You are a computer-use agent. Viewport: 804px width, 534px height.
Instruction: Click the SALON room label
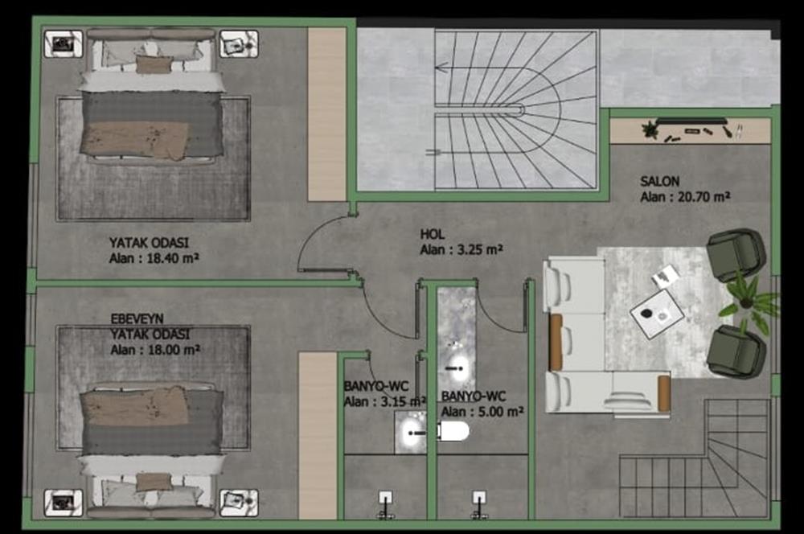(x=659, y=181)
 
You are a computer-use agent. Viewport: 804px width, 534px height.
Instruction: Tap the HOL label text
(x=433, y=234)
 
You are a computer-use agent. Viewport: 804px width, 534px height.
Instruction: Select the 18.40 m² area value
(x=173, y=258)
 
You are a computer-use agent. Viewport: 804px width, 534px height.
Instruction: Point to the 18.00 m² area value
(x=174, y=350)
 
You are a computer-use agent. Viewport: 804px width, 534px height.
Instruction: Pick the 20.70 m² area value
(x=704, y=196)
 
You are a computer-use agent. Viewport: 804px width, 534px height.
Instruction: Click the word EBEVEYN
(x=137, y=318)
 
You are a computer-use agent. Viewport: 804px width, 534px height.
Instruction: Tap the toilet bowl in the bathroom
(x=453, y=431)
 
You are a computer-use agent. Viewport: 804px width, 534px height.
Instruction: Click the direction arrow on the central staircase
(x=442, y=68)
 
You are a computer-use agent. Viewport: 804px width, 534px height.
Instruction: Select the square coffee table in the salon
(x=657, y=314)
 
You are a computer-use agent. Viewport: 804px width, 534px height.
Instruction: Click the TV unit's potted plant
(x=650, y=129)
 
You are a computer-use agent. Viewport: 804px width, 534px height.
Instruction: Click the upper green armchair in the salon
(x=736, y=253)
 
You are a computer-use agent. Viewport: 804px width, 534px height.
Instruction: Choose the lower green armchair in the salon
(x=736, y=351)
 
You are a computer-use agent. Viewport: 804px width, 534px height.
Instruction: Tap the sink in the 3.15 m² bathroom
(x=410, y=433)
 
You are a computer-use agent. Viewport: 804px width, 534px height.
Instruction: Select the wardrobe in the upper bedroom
(x=326, y=114)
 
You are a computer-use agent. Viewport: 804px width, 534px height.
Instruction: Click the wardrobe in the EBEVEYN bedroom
(x=318, y=436)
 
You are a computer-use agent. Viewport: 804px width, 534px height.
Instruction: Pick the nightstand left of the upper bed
(x=63, y=44)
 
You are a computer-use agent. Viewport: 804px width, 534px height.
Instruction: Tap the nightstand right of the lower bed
(x=239, y=503)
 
